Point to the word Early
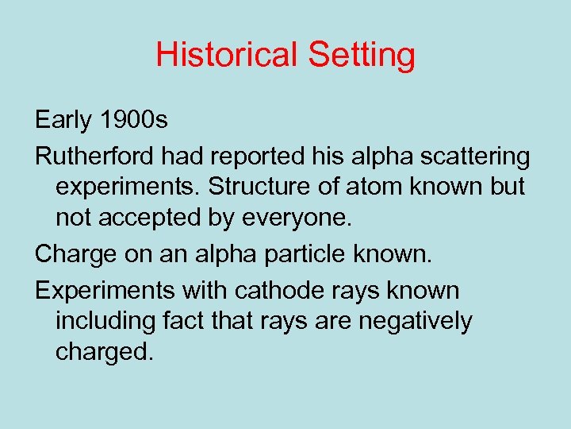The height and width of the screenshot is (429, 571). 64,120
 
